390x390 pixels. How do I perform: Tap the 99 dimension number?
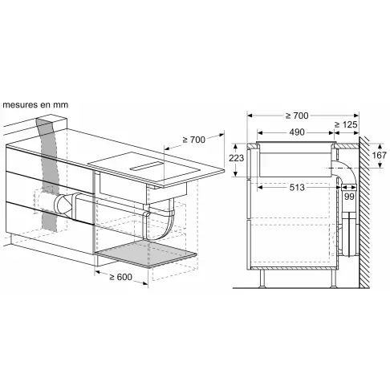(x=349, y=196)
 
